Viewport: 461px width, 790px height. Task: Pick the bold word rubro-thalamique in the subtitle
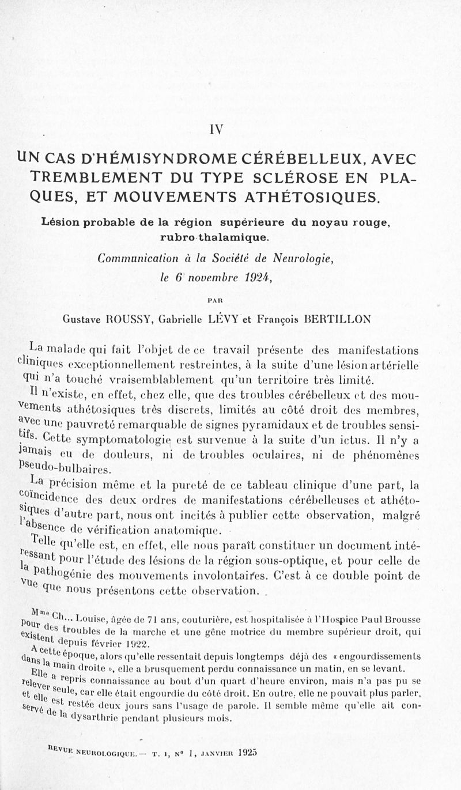tap(217, 236)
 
